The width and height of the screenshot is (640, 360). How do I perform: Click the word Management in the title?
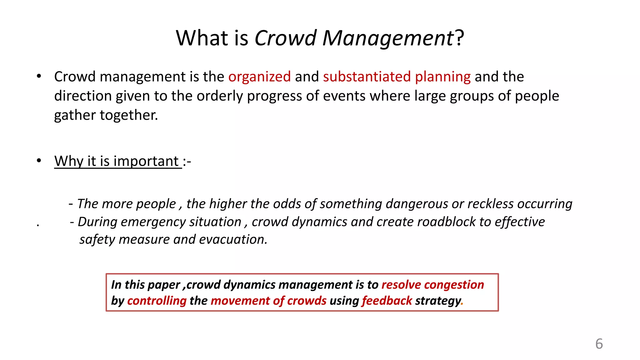pyautogui.click(x=387, y=38)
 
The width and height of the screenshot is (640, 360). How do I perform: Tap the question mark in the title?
pyautogui.click(x=459, y=38)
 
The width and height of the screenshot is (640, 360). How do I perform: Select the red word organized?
pyautogui.click(x=259, y=77)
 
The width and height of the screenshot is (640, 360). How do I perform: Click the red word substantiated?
pyautogui.click(x=367, y=77)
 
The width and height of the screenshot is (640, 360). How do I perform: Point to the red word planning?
pyautogui.click(x=442, y=77)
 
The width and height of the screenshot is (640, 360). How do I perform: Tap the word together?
pyautogui.click(x=129, y=115)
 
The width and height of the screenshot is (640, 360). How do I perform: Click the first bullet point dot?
pyautogui.click(x=39, y=76)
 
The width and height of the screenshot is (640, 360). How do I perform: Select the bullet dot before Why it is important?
pyautogui.click(x=39, y=161)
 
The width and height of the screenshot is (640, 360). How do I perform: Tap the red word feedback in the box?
pyautogui.click(x=387, y=301)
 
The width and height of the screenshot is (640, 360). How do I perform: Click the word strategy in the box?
pyautogui.click(x=438, y=301)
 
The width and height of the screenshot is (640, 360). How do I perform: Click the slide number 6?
pyautogui.click(x=599, y=344)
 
